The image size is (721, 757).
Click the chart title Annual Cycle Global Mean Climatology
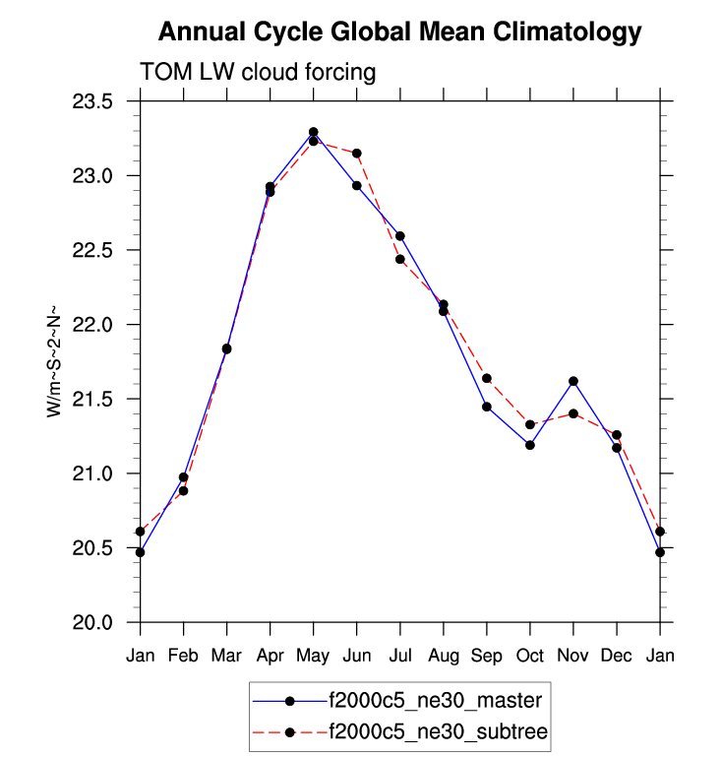coord(399,32)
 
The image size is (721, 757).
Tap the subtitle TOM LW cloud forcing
coord(259,72)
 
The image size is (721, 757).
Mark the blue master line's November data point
coord(573,381)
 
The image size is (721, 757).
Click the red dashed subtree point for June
coord(357,154)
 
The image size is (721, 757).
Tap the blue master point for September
coord(487,407)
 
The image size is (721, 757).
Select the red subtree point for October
coord(530,424)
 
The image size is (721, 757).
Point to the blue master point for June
coord(357,185)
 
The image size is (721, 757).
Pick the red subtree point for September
coord(487,378)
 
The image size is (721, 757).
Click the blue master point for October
coord(530,445)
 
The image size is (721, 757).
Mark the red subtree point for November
coord(573,413)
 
